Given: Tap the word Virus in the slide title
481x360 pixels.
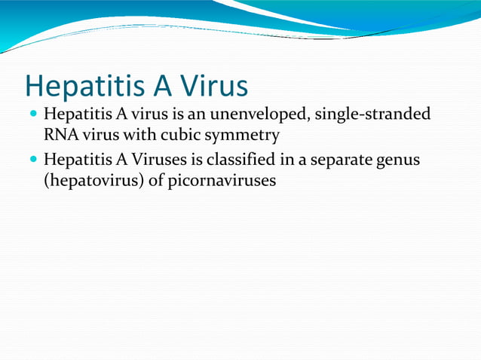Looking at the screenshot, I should click(x=213, y=87).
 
